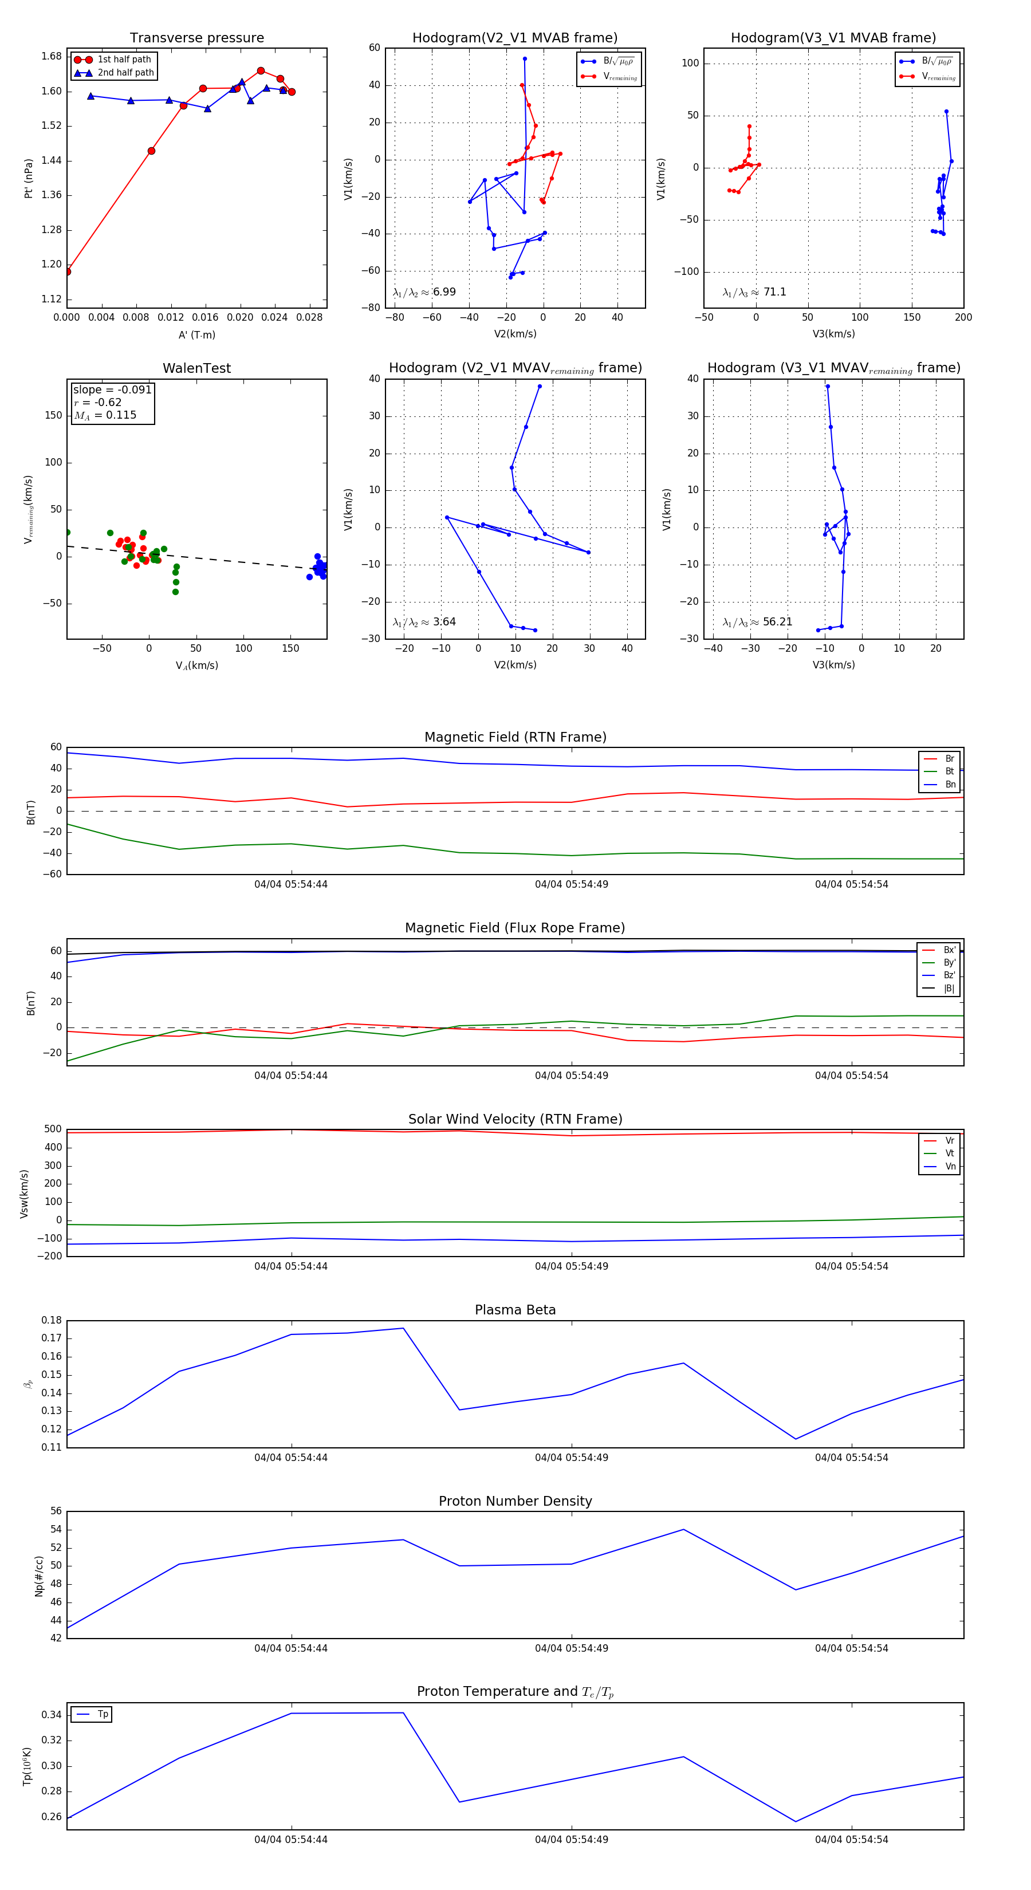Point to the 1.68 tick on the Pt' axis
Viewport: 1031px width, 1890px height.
click(52, 57)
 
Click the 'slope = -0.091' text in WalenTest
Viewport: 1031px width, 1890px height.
click(112, 389)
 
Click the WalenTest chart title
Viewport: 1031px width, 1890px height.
click(196, 368)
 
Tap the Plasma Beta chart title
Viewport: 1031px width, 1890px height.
click(515, 1310)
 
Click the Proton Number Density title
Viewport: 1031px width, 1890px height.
click(515, 1501)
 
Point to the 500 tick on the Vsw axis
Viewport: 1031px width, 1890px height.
click(53, 1129)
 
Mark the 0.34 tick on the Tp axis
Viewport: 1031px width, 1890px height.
click(52, 1715)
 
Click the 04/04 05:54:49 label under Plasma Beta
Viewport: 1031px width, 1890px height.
click(571, 1457)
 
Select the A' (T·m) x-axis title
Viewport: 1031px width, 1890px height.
click(196, 334)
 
